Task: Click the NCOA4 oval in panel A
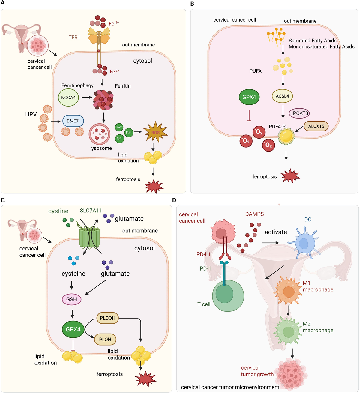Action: click(x=68, y=97)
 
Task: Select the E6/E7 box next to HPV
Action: click(x=73, y=121)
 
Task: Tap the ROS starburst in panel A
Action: click(x=155, y=132)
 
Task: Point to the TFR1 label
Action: click(x=74, y=37)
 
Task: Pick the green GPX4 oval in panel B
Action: click(x=249, y=97)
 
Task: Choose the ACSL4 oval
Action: click(x=282, y=96)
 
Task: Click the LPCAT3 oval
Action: click(x=299, y=113)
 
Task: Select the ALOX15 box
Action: click(x=316, y=126)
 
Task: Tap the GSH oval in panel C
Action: click(x=72, y=299)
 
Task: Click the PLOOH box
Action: click(x=107, y=318)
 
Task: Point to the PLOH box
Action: click(x=105, y=339)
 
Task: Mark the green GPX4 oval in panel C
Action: click(x=73, y=329)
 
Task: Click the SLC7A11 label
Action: click(x=91, y=211)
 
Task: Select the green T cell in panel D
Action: click(x=228, y=295)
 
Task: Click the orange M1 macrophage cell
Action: click(x=288, y=291)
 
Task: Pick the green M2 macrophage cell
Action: click(x=288, y=331)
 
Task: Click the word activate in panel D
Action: click(x=276, y=232)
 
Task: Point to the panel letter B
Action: click(x=192, y=4)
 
